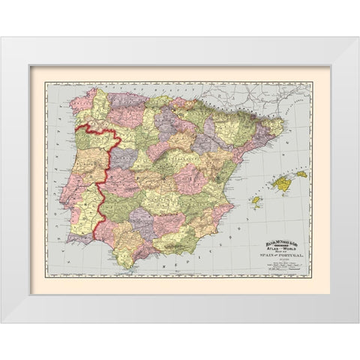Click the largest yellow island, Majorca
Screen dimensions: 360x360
click(x=282, y=183)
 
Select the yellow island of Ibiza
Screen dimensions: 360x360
click(x=256, y=200)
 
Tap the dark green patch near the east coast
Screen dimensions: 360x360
click(x=218, y=178)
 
